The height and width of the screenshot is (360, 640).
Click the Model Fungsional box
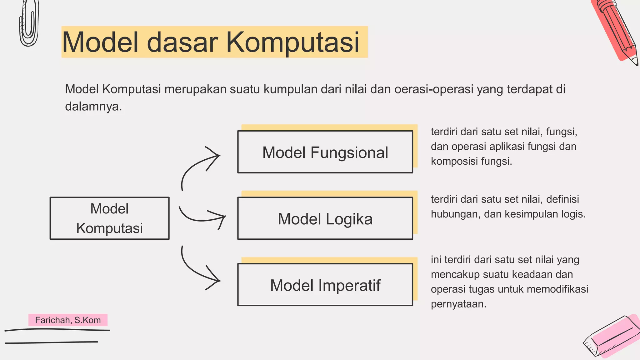[325, 152]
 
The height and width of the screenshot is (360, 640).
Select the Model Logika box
[325, 218]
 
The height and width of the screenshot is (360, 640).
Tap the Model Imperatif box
[325, 285]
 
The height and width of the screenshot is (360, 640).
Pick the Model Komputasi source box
[109, 218]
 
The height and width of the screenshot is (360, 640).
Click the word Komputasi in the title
[292, 42]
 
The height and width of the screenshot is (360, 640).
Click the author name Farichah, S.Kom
[68, 320]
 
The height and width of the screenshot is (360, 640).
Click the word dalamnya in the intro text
[93, 107]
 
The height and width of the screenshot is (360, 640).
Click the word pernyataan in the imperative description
[458, 304]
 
